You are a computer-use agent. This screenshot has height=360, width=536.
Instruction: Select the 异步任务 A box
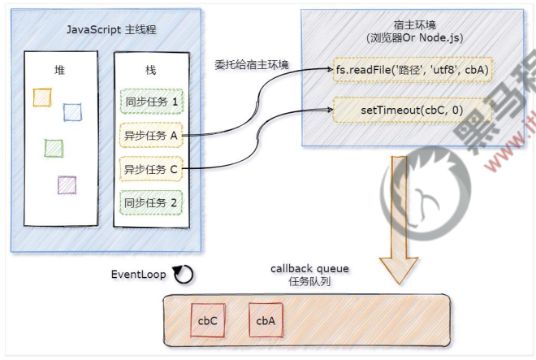pyautogui.click(x=151, y=136)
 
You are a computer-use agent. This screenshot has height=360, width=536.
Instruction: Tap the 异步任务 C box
pyautogui.click(x=151, y=169)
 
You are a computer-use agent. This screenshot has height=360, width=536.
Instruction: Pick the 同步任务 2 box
pyautogui.click(x=151, y=202)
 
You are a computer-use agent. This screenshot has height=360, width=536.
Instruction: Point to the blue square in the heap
pyautogui.click(x=72, y=112)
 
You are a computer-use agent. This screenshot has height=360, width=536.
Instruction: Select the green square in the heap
pyautogui.click(x=54, y=147)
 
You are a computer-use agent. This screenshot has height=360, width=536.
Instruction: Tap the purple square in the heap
pyautogui.click(x=67, y=184)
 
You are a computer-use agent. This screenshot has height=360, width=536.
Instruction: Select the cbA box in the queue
pyautogui.click(x=266, y=321)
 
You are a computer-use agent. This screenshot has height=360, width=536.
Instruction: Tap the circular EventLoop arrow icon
pyautogui.click(x=184, y=275)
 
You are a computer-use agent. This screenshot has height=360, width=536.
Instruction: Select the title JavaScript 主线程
pyautogui.click(x=106, y=30)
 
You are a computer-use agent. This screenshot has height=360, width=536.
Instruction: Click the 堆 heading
pyautogui.click(x=59, y=70)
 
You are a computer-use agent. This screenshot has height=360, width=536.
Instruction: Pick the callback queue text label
pyautogui.click(x=305, y=269)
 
